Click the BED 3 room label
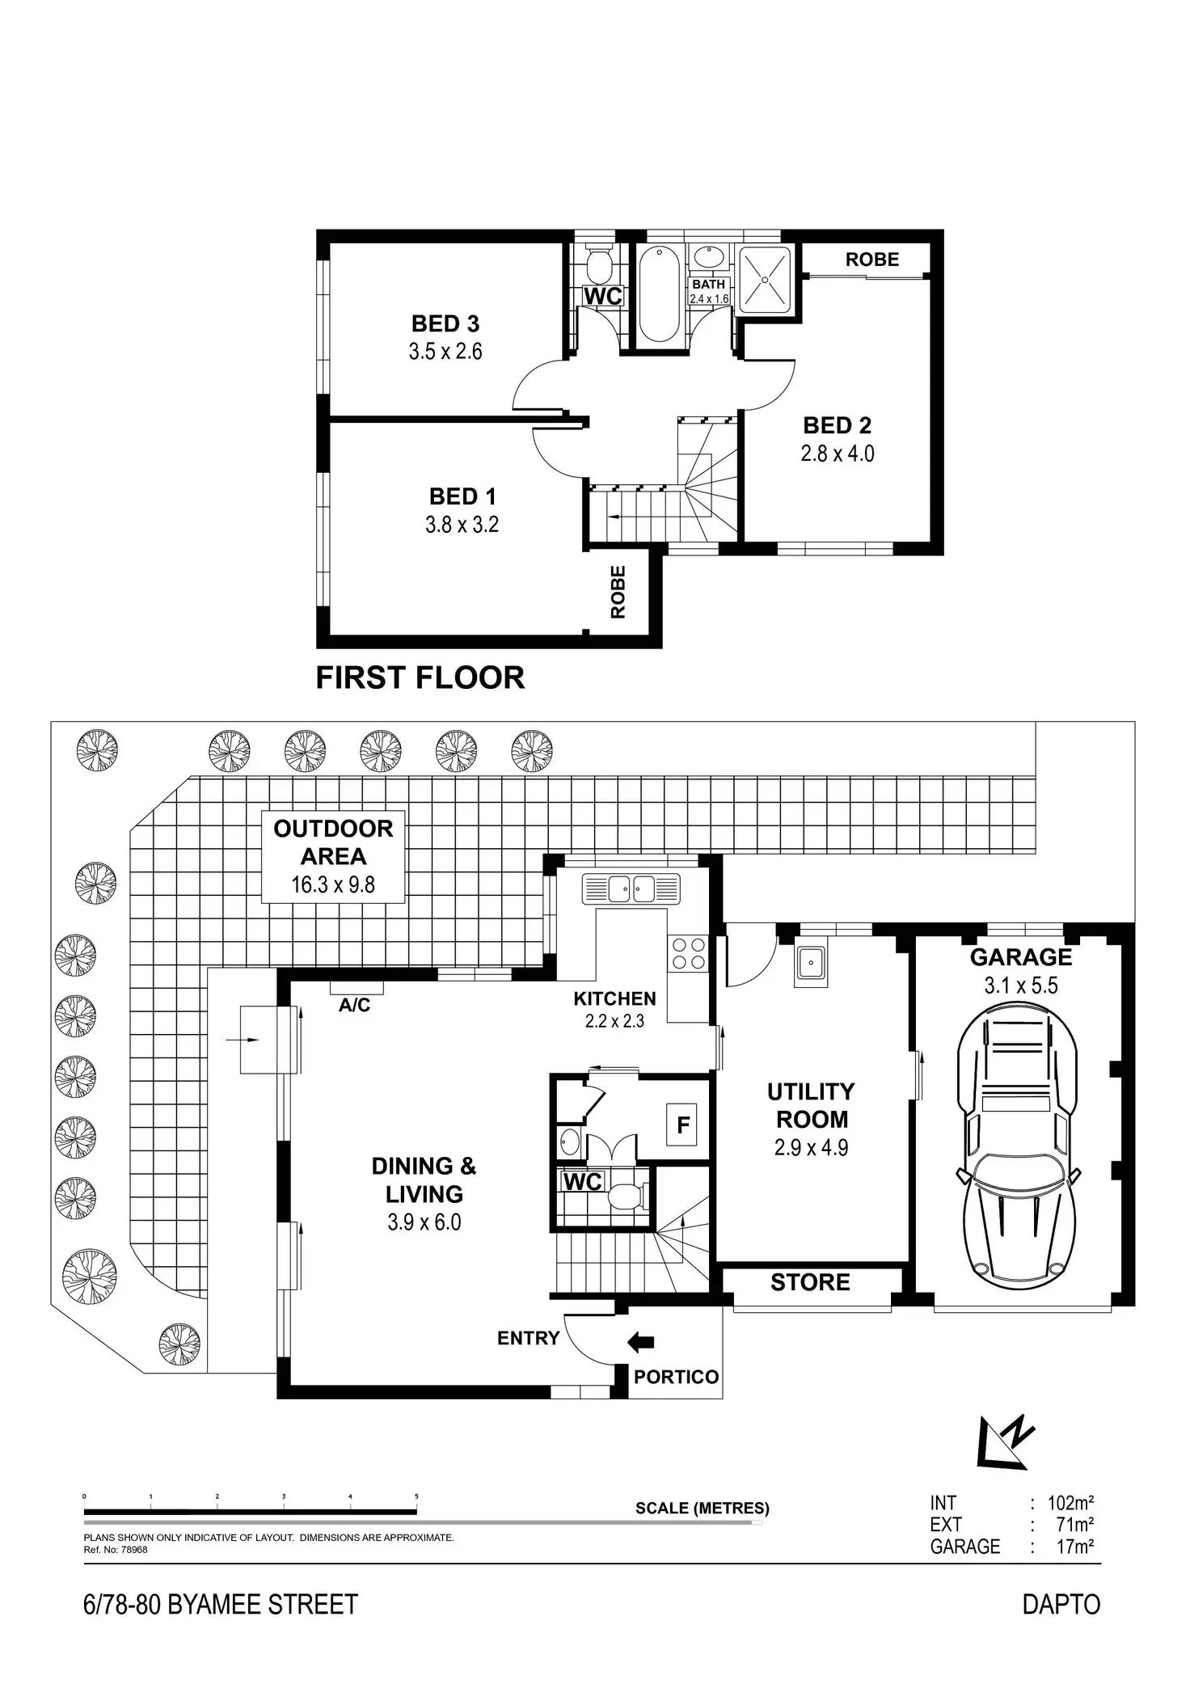pyautogui.click(x=445, y=324)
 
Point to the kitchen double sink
pyautogui.click(x=631, y=889)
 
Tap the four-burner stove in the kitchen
pyautogui.click(x=688, y=952)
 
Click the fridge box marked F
pyautogui.click(x=683, y=1125)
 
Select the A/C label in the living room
pyautogui.click(x=355, y=1005)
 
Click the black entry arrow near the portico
pyautogui.click(x=641, y=1343)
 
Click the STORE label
pyautogui.click(x=810, y=1283)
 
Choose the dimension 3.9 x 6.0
pyautogui.click(x=424, y=1222)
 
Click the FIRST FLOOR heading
pyautogui.click(x=420, y=677)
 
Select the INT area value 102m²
pyautogui.click(x=1070, y=1504)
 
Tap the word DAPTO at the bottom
pyautogui.click(x=1061, y=1605)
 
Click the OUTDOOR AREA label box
pyautogui.click(x=333, y=857)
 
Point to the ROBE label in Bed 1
pyautogui.click(x=618, y=593)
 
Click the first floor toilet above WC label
pyautogui.click(x=598, y=264)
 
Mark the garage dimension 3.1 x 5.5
pyautogui.click(x=1021, y=985)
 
